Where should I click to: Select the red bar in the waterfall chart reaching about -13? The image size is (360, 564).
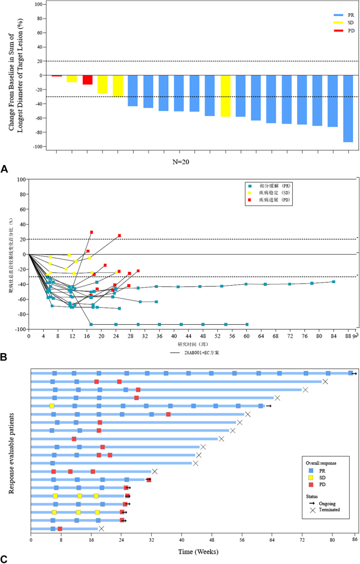click(88, 80)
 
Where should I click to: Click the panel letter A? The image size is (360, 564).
click(4, 169)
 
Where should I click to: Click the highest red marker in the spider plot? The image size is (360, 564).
click(91, 232)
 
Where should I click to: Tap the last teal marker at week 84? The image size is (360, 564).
click(333, 281)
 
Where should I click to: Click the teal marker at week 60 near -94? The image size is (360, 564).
click(246, 324)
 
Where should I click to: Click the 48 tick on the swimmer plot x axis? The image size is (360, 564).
click(212, 540)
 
